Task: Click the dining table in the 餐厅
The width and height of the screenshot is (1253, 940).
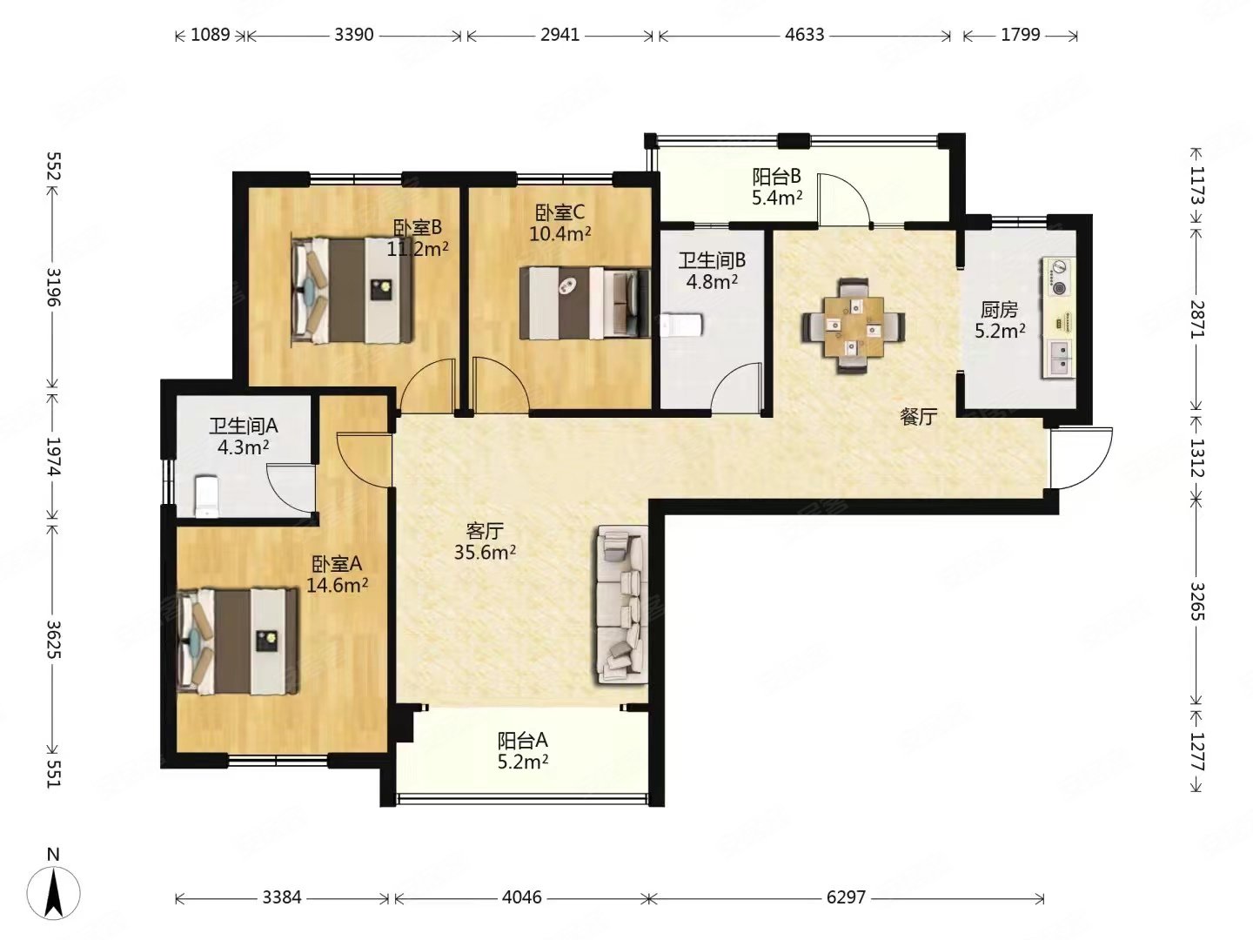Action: tap(854, 326)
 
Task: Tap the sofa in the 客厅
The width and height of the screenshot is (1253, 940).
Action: tap(622, 605)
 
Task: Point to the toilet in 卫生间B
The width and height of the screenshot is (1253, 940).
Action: tap(681, 325)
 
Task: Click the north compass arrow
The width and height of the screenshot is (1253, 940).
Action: tap(54, 893)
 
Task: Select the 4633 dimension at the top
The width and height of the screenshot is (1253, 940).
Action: tap(804, 36)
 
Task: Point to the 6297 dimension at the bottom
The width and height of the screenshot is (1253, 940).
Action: tap(846, 897)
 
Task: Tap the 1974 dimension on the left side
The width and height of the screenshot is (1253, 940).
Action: tap(54, 456)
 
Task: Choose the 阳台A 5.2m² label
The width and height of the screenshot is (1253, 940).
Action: tap(522, 751)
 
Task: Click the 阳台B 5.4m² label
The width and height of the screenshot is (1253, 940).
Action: tap(777, 186)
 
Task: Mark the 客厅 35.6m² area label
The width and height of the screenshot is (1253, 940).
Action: tap(486, 541)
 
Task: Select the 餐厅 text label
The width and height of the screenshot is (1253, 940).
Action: tap(919, 417)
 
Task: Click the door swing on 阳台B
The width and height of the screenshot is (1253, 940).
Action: tap(843, 200)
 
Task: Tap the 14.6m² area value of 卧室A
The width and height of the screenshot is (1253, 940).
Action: tap(337, 585)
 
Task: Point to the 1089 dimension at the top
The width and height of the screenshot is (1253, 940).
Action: tap(210, 36)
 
